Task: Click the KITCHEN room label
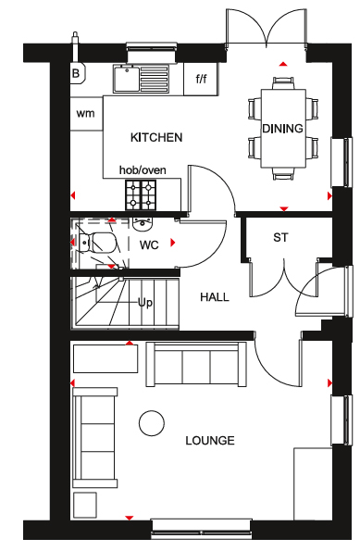point(156,137)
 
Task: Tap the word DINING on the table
point(283,129)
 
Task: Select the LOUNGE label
point(210,441)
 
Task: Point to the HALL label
point(215,297)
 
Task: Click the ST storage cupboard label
point(280,238)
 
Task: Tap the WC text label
point(149,244)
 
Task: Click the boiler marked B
point(77,73)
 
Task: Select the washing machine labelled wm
point(86,113)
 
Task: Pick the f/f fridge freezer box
point(201,79)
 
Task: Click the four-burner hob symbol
point(141,195)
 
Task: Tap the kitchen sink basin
point(127,79)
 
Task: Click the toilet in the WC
point(97,242)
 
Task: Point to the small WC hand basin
point(143,224)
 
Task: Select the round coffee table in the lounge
point(152,423)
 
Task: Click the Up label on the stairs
point(145,302)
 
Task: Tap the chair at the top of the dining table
point(283,83)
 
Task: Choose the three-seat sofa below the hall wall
point(196,365)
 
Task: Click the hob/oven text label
point(143,170)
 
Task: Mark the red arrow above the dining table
point(283,64)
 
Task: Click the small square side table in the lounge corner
point(85,505)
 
